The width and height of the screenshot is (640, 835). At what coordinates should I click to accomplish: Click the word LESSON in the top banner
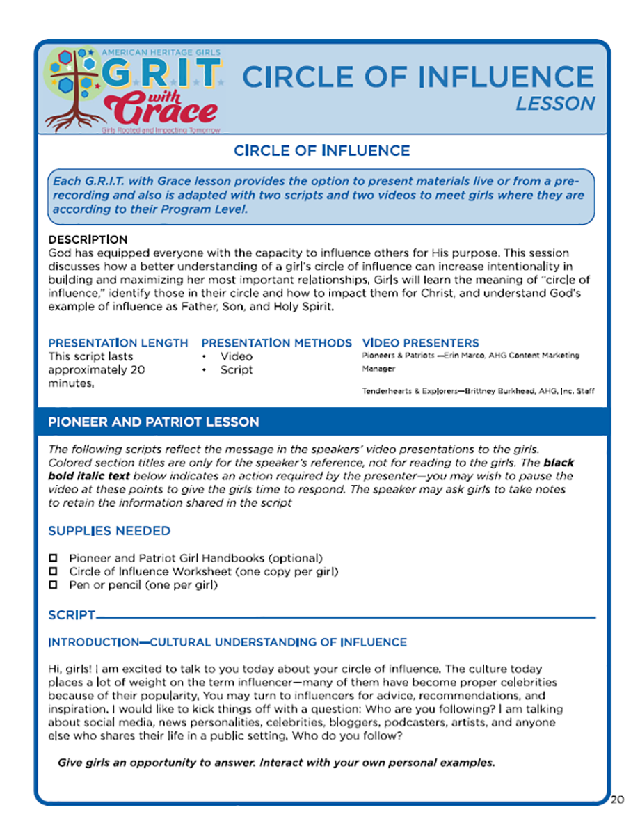(x=555, y=103)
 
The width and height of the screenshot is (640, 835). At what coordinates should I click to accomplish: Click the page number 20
(x=618, y=799)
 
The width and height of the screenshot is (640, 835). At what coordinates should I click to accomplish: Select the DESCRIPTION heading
(x=88, y=239)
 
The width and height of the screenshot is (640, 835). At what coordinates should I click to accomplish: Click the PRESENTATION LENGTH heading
(x=118, y=343)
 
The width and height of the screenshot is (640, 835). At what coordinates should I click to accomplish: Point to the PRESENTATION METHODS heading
(x=276, y=343)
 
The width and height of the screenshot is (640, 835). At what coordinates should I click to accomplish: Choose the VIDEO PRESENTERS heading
(x=420, y=343)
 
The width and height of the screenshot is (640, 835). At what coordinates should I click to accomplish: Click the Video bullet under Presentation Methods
(x=237, y=357)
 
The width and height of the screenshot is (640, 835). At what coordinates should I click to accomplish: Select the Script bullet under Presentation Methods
(x=237, y=370)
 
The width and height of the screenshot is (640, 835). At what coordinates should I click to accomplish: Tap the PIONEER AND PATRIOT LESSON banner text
(x=153, y=422)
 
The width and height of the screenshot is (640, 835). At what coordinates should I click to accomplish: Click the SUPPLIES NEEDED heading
(x=109, y=531)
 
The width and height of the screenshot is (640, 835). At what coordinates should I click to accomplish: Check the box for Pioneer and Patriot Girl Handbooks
(x=53, y=559)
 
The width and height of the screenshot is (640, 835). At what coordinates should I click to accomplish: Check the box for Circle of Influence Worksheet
(x=53, y=572)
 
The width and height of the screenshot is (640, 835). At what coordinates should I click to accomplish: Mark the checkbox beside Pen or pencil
(x=53, y=585)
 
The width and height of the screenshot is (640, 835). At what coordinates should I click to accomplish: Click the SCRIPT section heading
(x=72, y=615)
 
